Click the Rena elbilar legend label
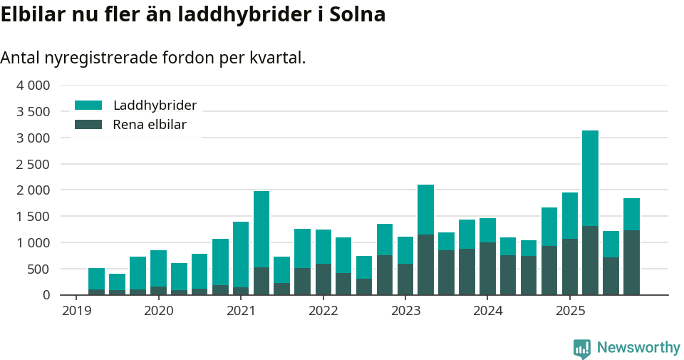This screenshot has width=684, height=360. [150, 125]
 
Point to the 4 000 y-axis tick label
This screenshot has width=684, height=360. [33, 86]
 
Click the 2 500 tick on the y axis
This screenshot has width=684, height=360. [33, 164]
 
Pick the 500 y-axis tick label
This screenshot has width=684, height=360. [38, 269]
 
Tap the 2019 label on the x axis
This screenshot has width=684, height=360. [76, 311]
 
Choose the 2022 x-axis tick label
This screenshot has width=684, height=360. [323, 311]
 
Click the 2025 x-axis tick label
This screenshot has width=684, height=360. [570, 311]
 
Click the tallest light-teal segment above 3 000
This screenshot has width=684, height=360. [590, 178]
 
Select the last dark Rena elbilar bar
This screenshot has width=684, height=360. [631, 262]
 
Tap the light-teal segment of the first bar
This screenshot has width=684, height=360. [96, 279]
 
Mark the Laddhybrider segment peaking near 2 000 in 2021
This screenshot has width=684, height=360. [261, 229]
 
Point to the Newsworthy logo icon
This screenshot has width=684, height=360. [582, 348]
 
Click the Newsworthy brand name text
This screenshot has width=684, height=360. [638, 348]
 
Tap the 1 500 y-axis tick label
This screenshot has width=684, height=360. [33, 217]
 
